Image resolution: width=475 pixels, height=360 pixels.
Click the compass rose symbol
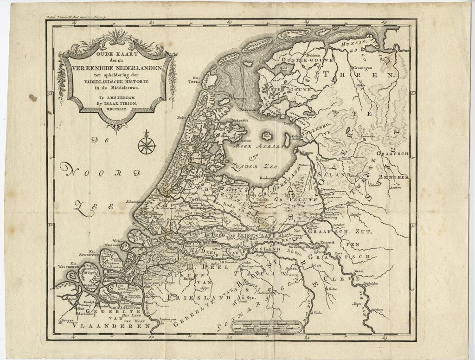click(x=147, y=143)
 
